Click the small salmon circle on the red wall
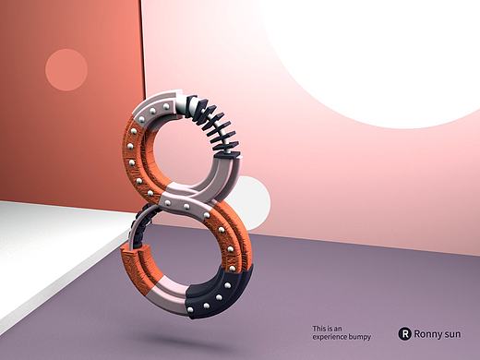pyautogui.click(x=66, y=70)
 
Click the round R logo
pyautogui.click(x=404, y=333)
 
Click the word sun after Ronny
pyautogui.click(x=452, y=334)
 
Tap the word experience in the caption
pyautogui.click(x=330, y=337)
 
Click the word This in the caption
pyautogui.click(x=319, y=329)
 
